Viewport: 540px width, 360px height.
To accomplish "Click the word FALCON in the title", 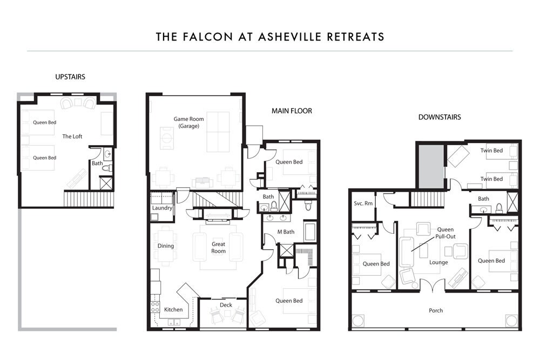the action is (208, 37).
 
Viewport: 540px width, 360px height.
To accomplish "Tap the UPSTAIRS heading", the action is (70, 77).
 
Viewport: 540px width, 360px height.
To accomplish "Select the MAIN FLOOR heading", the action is (292, 111).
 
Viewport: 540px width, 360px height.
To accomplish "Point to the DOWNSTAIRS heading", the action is (440, 117).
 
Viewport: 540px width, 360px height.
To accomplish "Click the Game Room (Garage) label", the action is (188, 122).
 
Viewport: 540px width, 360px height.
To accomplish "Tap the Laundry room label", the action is (162, 208).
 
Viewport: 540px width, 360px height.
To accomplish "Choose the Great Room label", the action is (218, 247).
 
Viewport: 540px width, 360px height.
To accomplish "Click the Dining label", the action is (166, 246).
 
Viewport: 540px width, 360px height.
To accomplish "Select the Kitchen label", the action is (173, 309).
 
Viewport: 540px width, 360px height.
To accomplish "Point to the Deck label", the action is (226, 305).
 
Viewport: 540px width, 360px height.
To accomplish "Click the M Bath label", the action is (286, 232).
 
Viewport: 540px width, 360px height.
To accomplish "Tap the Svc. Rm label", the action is (363, 203).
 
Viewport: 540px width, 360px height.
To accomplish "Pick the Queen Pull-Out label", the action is (446, 233).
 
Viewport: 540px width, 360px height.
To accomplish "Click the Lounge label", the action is (438, 262).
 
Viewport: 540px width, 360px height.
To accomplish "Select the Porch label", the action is (436, 310).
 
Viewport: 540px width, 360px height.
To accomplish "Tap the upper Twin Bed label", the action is (491, 151).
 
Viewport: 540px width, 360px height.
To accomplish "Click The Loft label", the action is (72, 137).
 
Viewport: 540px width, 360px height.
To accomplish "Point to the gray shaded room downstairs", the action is (431, 167).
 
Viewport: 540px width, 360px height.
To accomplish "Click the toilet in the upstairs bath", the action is (107, 168).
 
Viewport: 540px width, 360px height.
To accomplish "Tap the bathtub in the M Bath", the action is (309, 232).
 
